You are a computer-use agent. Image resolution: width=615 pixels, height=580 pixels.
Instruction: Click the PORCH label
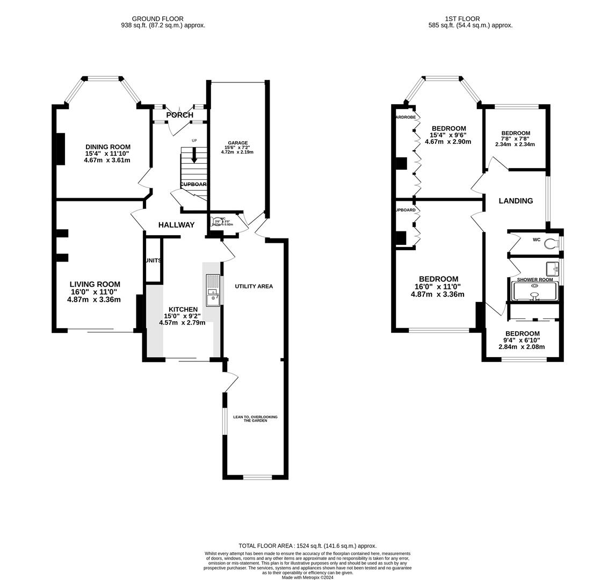pos(179,115)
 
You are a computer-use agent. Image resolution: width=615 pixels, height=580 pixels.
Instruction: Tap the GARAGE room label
pos(237,143)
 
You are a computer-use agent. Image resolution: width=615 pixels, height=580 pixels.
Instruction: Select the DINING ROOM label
pos(107,147)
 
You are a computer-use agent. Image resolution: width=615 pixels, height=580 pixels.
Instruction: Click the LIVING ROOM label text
pos(95,285)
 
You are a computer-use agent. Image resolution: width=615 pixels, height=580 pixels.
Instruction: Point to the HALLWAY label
pos(176,225)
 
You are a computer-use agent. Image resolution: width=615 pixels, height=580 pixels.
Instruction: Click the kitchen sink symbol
pos(213,289)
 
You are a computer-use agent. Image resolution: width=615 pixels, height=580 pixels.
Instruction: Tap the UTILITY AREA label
pos(254,286)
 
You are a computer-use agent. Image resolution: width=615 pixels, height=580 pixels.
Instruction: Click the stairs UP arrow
pos(194,156)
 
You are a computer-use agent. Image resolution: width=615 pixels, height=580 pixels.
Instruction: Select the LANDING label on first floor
pos(516,201)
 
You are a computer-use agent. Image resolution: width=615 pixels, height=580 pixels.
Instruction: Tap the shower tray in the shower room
pos(535,292)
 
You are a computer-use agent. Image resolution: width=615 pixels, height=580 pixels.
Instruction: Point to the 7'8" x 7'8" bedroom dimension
pos(515,141)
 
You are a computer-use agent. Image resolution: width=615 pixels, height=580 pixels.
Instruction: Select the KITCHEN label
pos(183,309)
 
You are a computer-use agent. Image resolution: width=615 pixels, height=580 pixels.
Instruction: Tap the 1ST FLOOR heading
pos(462,19)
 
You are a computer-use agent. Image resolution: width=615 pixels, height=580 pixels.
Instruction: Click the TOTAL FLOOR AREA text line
pos(308,546)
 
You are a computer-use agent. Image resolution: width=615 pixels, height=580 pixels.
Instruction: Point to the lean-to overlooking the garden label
pos(255,418)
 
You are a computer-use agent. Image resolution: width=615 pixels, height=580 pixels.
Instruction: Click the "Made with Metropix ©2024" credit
pos(308,577)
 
